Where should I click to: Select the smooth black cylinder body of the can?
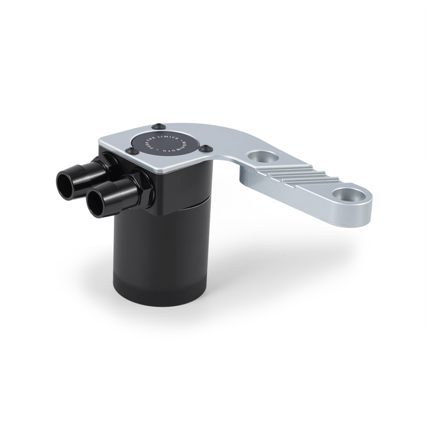pyautogui.click(x=160, y=245)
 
